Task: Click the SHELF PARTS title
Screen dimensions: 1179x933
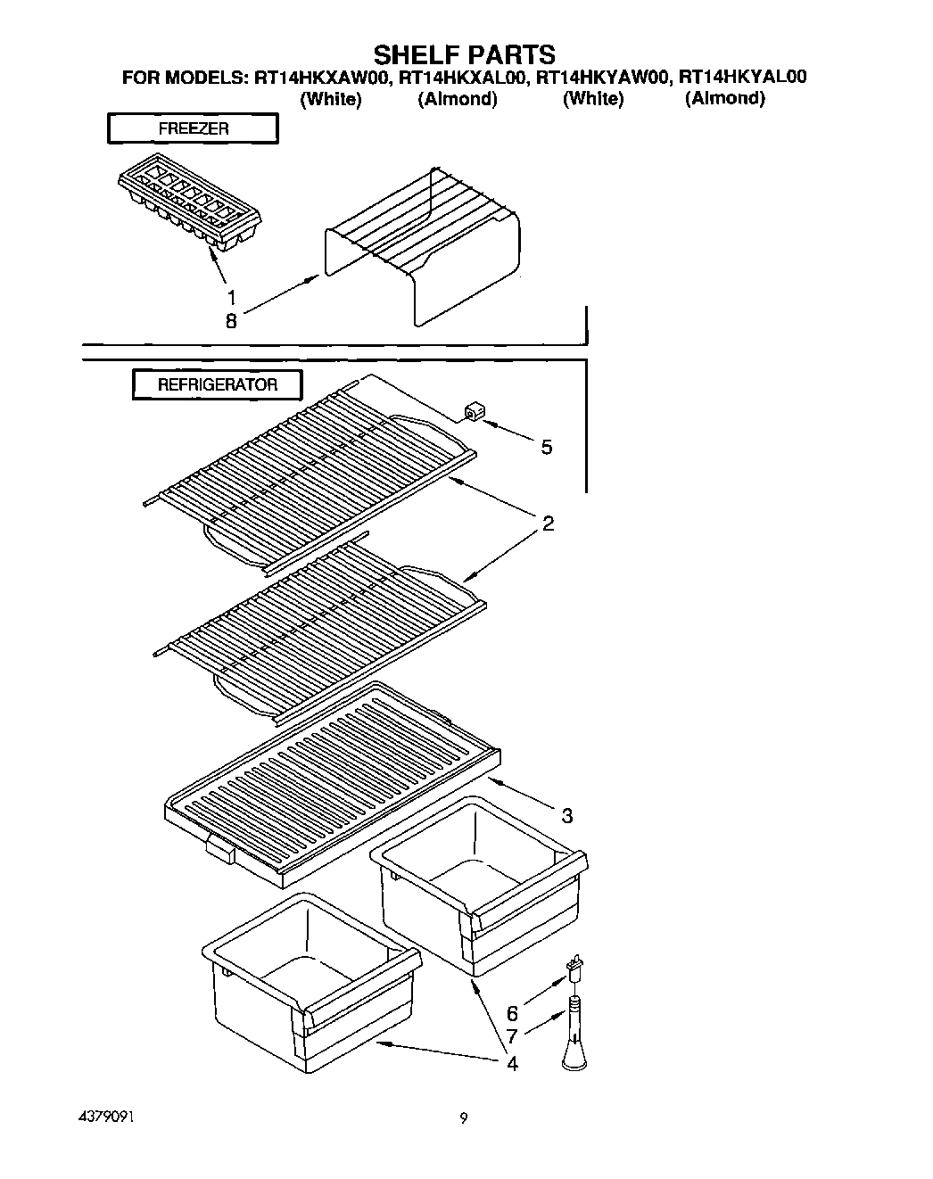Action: click(464, 54)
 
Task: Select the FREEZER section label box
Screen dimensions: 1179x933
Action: click(193, 128)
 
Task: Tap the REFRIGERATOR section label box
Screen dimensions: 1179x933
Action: click(218, 385)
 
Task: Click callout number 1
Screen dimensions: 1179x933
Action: click(231, 297)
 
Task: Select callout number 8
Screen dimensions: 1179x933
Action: click(231, 322)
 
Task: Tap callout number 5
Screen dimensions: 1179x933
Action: click(547, 447)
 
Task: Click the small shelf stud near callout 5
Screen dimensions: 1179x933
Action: click(472, 411)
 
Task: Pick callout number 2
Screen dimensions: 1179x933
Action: click(548, 524)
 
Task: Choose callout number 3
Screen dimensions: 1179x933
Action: click(567, 814)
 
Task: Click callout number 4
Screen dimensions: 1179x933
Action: click(512, 1063)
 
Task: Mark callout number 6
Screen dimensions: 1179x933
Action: click(512, 1014)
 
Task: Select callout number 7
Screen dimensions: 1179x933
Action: click(512, 1036)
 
